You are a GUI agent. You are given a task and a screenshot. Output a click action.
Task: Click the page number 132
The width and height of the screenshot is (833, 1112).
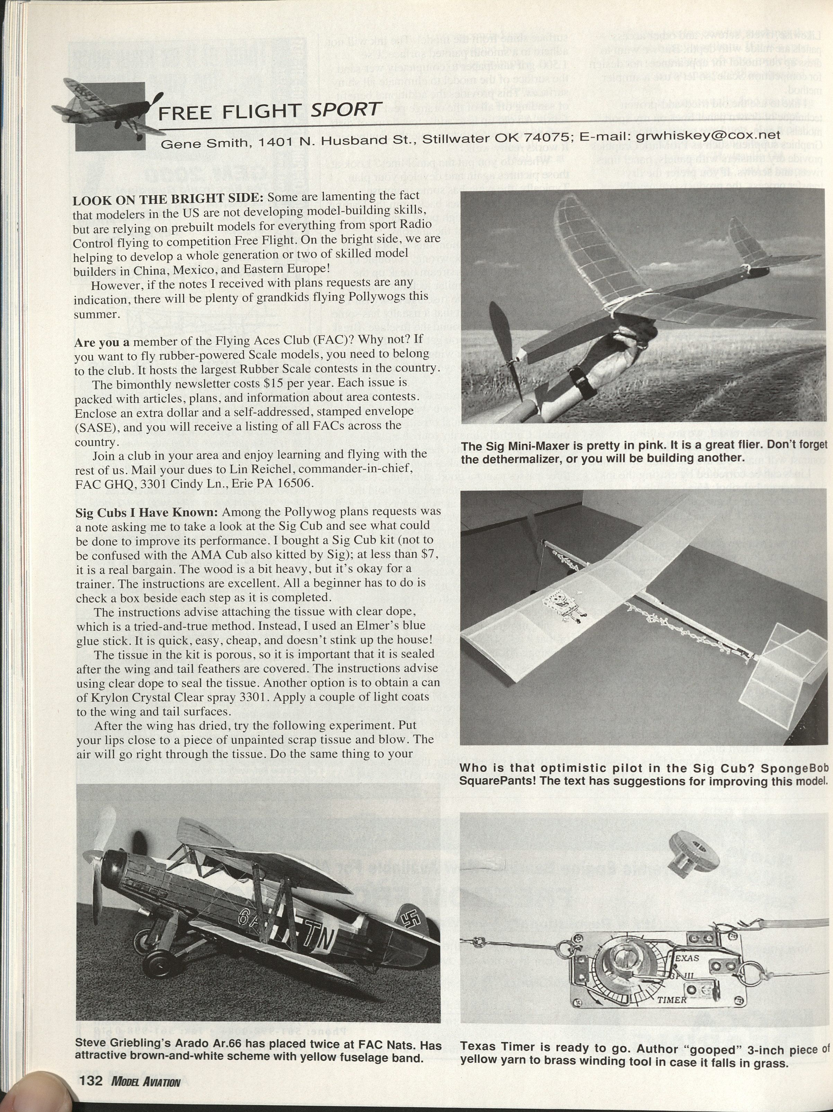pyautogui.click(x=89, y=1081)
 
